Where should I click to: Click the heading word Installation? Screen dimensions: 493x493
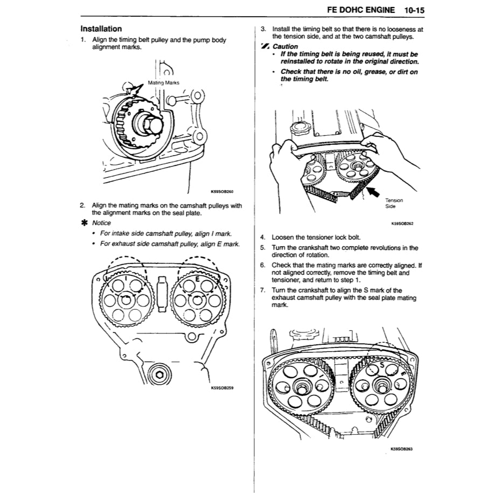coord(101,29)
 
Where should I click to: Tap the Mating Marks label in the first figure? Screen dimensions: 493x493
coord(163,82)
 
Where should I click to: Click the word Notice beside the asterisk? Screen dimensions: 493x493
coord(101,223)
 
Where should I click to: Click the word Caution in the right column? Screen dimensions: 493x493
coord(285,46)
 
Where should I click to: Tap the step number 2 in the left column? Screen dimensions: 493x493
coord(82,205)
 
